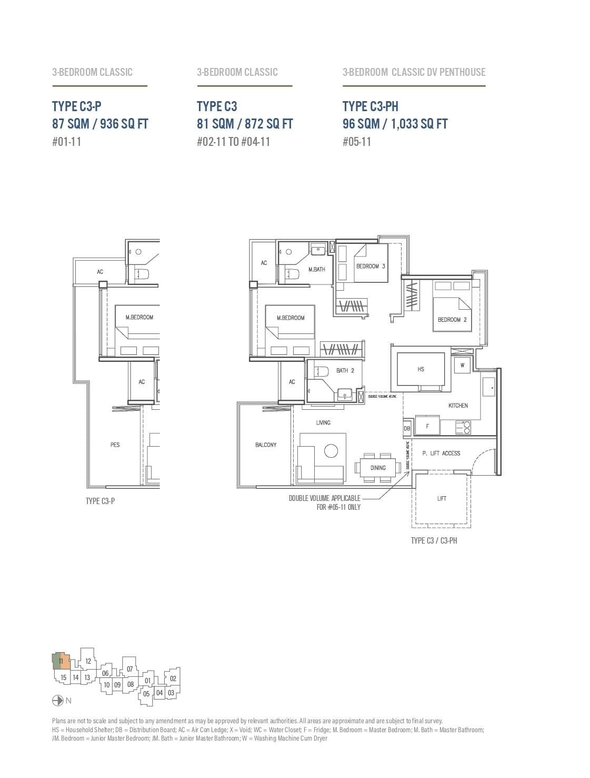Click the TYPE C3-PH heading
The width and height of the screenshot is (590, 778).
(370, 106)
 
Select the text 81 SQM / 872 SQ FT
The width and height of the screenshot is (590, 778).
(245, 124)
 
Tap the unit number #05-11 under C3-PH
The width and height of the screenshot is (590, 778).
(356, 141)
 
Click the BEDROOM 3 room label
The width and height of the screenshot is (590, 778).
(370, 266)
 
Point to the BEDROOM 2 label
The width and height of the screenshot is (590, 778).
(452, 320)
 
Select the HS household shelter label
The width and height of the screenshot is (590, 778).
(421, 369)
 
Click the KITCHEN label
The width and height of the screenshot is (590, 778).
(458, 405)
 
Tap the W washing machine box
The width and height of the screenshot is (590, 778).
(462, 365)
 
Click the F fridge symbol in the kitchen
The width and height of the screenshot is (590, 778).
(427, 426)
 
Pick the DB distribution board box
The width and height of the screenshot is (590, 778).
(407, 429)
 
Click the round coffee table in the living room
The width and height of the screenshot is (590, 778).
(331, 451)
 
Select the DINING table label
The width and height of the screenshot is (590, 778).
(378, 467)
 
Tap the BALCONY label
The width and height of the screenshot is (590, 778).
(266, 445)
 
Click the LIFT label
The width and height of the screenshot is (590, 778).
(442, 498)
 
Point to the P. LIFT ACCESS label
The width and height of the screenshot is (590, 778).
(441, 453)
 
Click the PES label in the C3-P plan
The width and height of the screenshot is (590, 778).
(115, 445)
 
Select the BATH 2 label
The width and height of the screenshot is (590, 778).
(345, 370)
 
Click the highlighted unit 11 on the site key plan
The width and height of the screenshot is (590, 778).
(61, 661)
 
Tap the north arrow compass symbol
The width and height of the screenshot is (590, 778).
(58, 701)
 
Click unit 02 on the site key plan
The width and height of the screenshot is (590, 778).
(173, 678)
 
